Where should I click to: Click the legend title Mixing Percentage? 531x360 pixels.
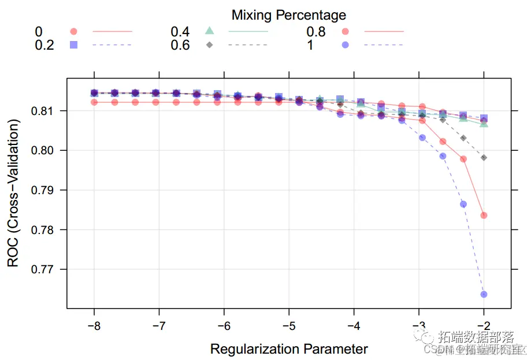tap(289, 14)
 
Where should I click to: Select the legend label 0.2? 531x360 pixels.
tap(44, 44)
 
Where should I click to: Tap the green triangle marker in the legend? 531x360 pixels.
tap(210, 31)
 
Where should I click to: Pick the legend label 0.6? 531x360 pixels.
tap(180, 44)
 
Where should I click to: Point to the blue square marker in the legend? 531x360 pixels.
tap(73, 44)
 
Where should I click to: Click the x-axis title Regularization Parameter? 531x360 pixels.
tap(289, 349)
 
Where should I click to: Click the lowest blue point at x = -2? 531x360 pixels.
tap(484, 294)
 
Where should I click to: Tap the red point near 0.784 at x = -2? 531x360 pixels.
tap(484, 216)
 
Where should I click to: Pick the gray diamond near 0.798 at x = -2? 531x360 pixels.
tap(484, 158)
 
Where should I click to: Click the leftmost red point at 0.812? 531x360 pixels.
tap(94, 102)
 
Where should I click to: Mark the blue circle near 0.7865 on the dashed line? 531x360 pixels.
tap(463, 204)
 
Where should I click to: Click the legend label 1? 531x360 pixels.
tap(310, 44)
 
